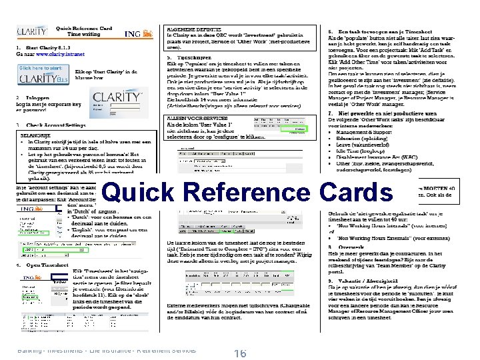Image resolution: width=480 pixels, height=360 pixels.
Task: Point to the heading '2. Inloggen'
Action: point(33,97)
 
